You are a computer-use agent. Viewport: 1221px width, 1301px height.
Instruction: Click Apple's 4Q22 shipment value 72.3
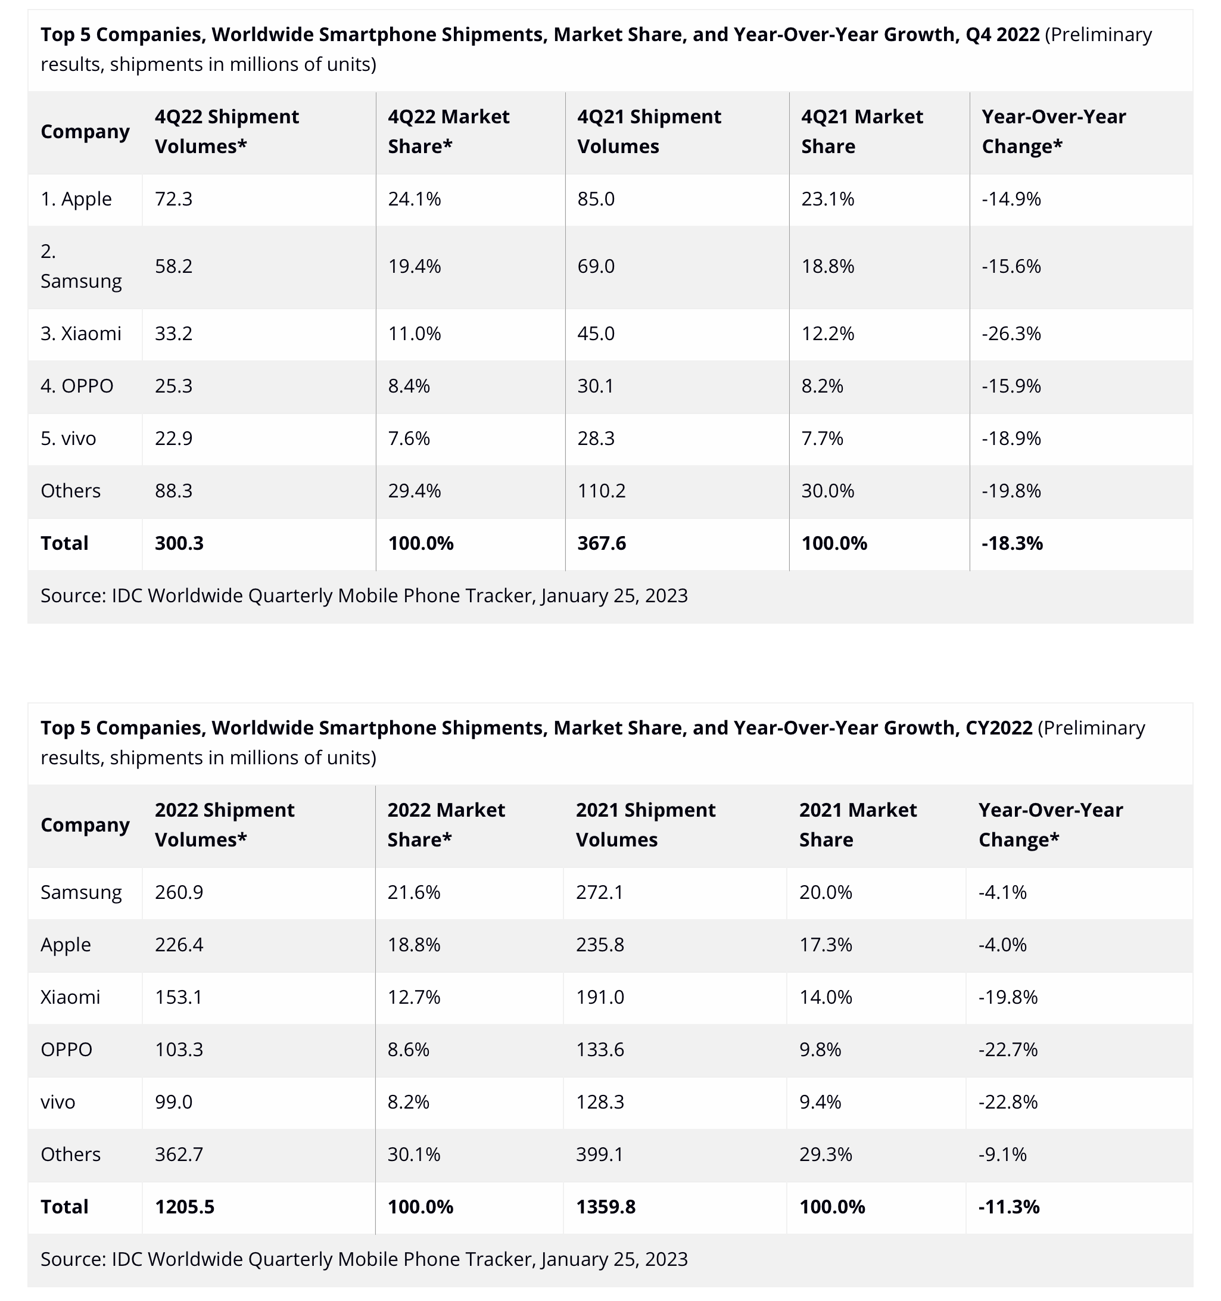coord(173,199)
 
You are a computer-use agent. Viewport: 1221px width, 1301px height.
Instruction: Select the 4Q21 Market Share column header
coord(861,132)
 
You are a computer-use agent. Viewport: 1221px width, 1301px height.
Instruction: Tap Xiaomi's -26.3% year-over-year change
coord(1010,334)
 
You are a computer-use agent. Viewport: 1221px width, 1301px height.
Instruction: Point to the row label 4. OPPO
coord(77,386)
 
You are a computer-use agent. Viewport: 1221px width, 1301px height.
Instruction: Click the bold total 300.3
coord(179,543)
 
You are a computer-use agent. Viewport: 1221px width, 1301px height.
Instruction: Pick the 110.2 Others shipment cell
coord(601,491)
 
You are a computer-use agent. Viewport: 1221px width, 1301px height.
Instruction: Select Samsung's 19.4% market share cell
coord(414,266)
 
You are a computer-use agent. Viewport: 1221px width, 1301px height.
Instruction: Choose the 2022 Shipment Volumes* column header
coord(224,824)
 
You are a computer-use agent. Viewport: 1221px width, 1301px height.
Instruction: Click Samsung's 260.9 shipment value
coord(179,892)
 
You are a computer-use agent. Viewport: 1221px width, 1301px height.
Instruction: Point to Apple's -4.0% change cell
coord(1002,945)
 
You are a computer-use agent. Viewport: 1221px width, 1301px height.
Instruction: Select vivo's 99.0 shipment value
coord(173,1102)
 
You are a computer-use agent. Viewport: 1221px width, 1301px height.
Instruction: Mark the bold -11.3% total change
coord(1008,1207)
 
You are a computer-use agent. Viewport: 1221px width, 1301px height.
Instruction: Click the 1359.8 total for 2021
coord(605,1207)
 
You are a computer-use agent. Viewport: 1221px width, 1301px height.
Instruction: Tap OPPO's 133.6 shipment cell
coord(599,1050)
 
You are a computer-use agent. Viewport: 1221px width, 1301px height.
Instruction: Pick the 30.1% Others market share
coord(413,1154)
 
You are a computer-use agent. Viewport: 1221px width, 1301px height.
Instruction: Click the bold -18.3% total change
coord(1011,543)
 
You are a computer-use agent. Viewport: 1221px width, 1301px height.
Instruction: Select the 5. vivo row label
coord(68,438)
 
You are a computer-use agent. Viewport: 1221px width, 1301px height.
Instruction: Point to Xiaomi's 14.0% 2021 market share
coord(825,997)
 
